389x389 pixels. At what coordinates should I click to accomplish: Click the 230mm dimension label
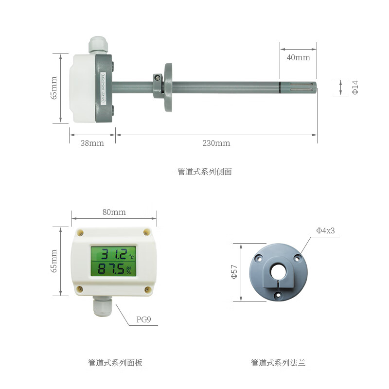pyautogui.click(x=216, y=143)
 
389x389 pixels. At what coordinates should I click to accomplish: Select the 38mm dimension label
pyautogui.click(x=92, y=143)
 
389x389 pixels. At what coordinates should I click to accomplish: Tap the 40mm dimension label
pyautogui.click(x=298, y=57)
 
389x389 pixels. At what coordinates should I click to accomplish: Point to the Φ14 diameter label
pyautogui.click(x=355, y=88)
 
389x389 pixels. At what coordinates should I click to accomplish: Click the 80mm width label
pyautogui.click(x=114, y=212)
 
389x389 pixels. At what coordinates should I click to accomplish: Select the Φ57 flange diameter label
pyautogui.click(x=234, y=272)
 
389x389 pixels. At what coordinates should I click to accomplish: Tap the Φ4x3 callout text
pyautogui.click(x=325, y=230)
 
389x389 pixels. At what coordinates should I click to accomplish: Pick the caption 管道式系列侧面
pyautogui.click(x=204, y=172)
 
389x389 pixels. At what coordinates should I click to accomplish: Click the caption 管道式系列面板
pyautogui.click(x=115, y=363)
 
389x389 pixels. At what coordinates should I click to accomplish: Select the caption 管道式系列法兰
pyautogui.click(x=278, y=363)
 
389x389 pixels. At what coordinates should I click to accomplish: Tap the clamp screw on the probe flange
pyautogui.click(x=157, y=77)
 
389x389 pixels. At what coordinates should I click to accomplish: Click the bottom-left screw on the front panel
pyautogui.click(x=80, y=289)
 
